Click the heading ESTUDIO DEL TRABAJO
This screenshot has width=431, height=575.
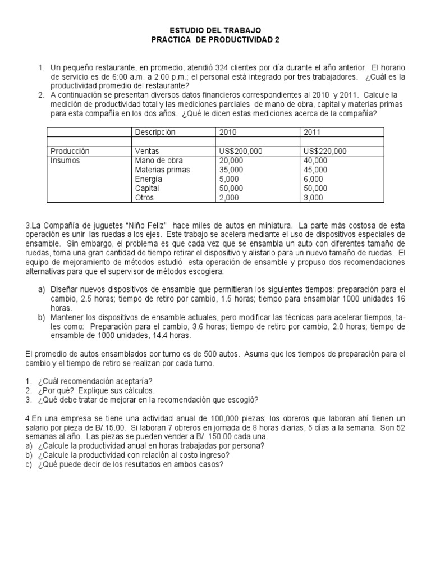pyautogui.click(x=215, y=30)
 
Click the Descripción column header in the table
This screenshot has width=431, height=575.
pyautogui.click(x=155, y=131)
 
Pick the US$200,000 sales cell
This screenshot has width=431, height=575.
pyautogui.click(x=241, y=151)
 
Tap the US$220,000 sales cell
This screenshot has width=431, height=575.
pyautogui.click(x=325, y=151)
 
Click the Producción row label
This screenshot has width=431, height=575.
pyautogui.click(x=70, y=151)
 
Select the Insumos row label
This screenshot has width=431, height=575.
pyautogui.click(x=65, y=161)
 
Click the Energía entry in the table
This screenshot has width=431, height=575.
pyautogui.click(x=149, y=179)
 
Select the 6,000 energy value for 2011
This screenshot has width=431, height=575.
pyautogui.click(x=313, y=179)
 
